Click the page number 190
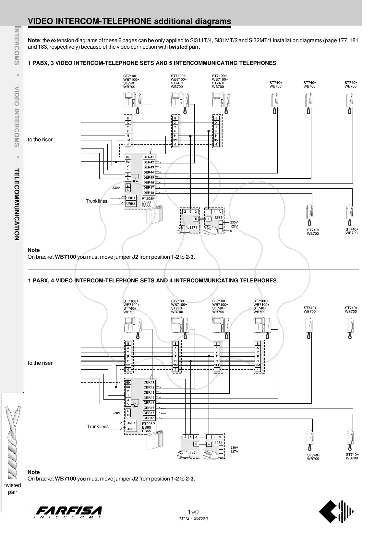pos(193,512)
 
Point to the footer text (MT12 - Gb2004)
pos(193,518)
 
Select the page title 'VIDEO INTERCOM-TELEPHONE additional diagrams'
pos(129,21)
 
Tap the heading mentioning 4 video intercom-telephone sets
pos(152,280)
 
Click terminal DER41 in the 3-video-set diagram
pos(149,157)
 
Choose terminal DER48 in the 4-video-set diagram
pos(149,418)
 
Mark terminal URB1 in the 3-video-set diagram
pos(131,198)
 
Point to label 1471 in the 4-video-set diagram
pos(194,453)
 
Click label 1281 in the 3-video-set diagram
pos(218,217)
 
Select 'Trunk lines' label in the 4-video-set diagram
pos(98,426)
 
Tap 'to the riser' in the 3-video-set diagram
pos(40,140)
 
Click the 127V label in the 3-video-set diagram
pos(234,226)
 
